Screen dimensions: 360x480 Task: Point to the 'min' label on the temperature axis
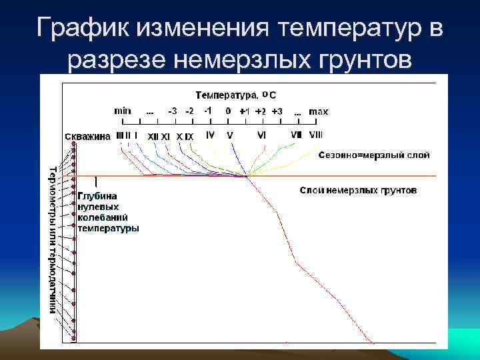pyautogui.click(x=123, y=111)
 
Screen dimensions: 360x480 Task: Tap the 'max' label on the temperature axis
pyautogui.click(x=319, y=111)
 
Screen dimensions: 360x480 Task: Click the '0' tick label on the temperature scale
pyautogui.click(x=228, y=111)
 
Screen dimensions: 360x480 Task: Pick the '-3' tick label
pyautogui.click(x=173, y=111)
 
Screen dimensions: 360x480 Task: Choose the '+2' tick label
pyautogui.click(x=261, y=111)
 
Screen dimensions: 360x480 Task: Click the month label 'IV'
pyautogui.click(x=210, y=135)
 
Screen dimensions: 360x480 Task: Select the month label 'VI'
pyautogui.click(x=261, y=135)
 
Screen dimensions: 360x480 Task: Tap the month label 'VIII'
pyautogui.click(x=316, y=135)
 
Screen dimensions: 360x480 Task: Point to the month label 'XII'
pyautogui.click(x=153, y=136)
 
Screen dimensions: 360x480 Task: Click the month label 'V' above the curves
pyautogui.click(x=230, y=135)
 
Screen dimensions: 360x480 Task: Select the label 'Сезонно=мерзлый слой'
pyautogui.click(x=374, y=155)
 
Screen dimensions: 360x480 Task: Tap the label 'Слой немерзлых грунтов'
pyautogui.click(x=358, y=191)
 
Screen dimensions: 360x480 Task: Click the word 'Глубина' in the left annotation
pyautogui.click(x=97, y=196)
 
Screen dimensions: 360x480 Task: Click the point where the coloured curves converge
pyautogui.click(x=247, y=176)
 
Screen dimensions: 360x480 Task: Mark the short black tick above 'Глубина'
pyautogui.click(x=97, y=181)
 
